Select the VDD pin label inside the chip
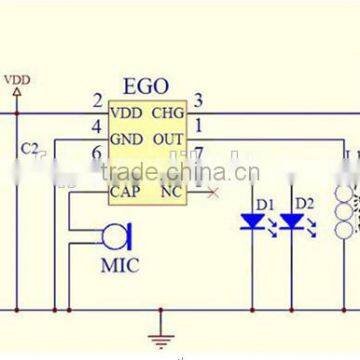tap(127, 112)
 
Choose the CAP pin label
tap(126, 189)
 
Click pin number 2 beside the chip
tap(97, 100)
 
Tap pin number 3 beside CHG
tap(199, 99)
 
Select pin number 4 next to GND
tap(97, 127)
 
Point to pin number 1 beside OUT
tap(199, 126)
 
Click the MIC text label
tap(119, 266)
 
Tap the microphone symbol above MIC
tap(116, 238)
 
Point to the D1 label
tap(264, 204)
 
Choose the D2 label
tap(304, 204)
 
